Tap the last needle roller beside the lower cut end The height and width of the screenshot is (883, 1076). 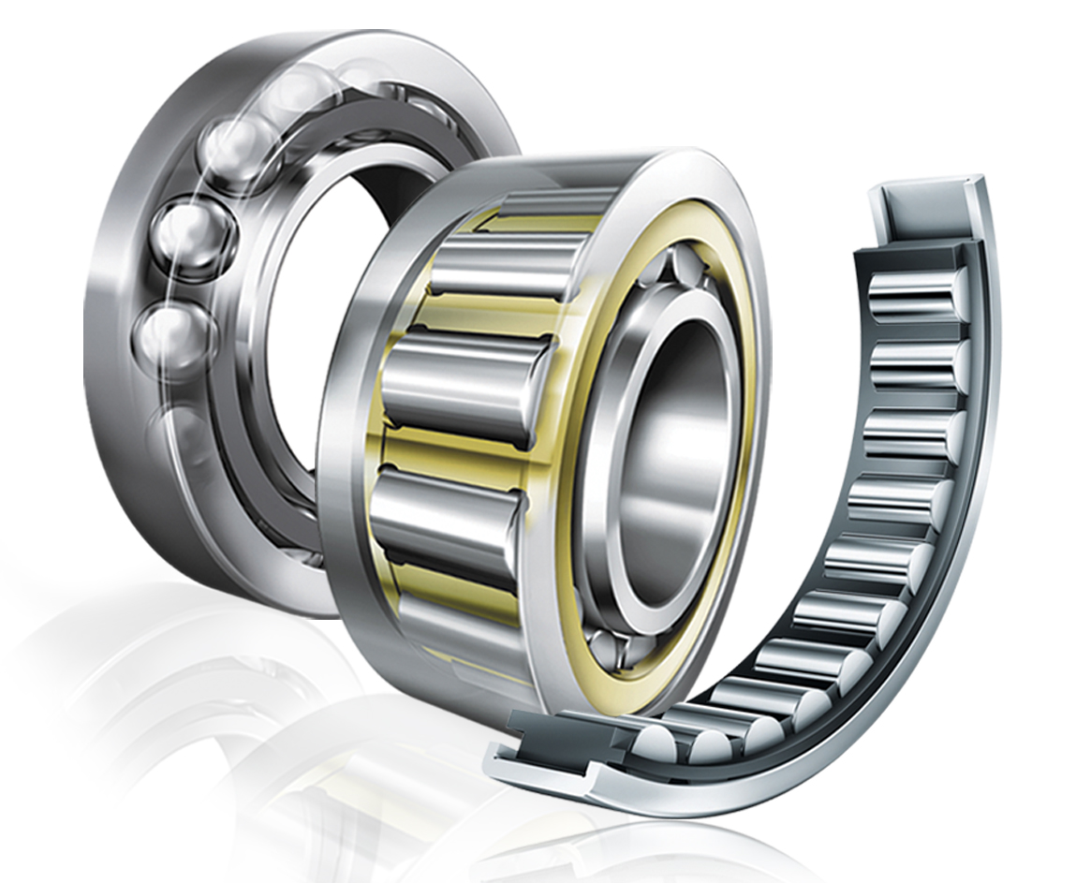click(656, 740)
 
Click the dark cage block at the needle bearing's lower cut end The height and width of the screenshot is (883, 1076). click(553, 735)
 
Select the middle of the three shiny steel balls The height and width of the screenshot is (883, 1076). click(185, 234)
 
